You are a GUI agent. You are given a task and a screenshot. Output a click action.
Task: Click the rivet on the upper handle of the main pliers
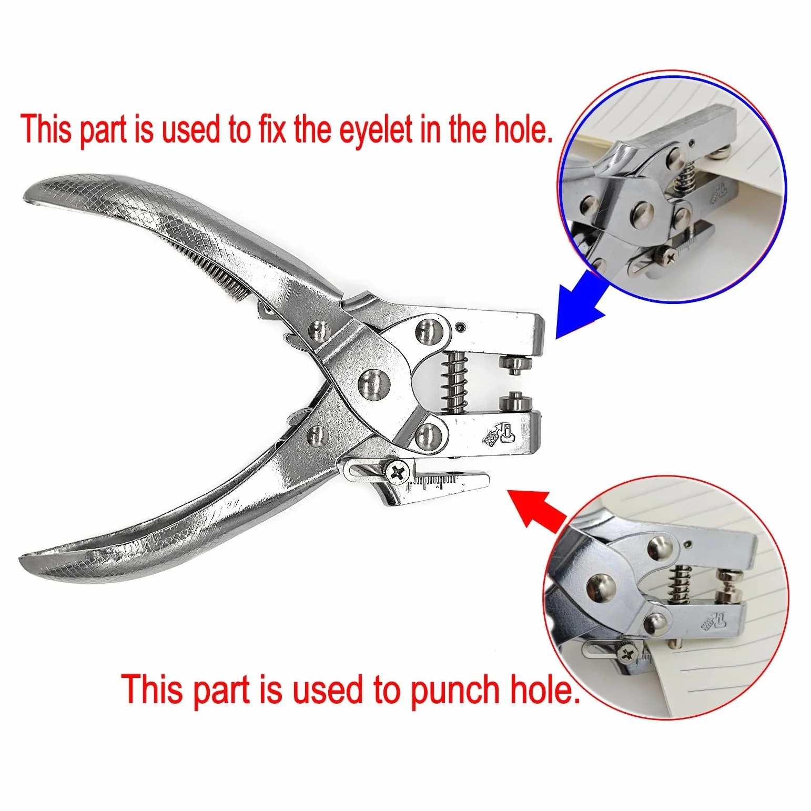click(318, 330)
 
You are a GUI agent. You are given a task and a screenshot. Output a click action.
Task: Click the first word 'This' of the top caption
click(47, 129)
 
